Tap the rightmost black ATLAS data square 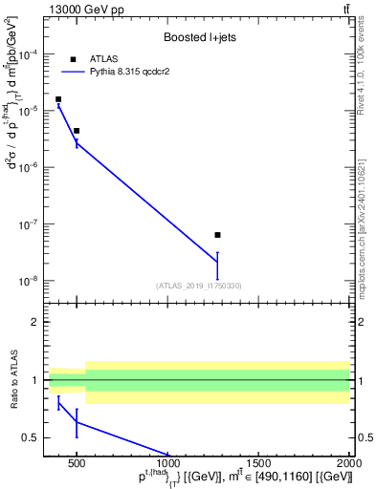pyautogui.click(x=218, y=235)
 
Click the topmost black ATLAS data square pyautogui.click(x=58, y=99)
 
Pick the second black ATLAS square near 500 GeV pyautogui.click(x=77, y=131)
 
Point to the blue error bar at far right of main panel pyautogui.click(x=218, y=266)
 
